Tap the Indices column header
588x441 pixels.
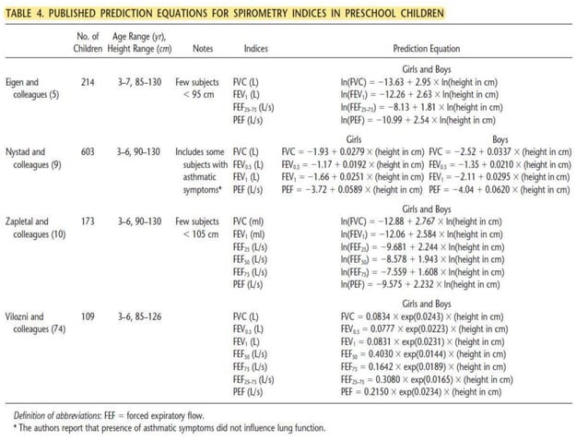pyautogui.click(x=255, y=48)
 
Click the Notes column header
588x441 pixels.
pyautogui.click(x=204, y=48)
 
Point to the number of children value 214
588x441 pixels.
pyautogui.click(x=88, y=82)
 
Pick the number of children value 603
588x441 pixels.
pyautogui.click(x=88, y=150)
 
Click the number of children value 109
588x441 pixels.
pyautogui.click(x=88, y=316)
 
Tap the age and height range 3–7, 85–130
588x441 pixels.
pyautogui.click(x=136, y=82)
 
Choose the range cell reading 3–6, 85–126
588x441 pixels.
pyautogui.click(x=136, y=316)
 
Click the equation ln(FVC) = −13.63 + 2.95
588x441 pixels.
pyautogui.click(x=418, y=82)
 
